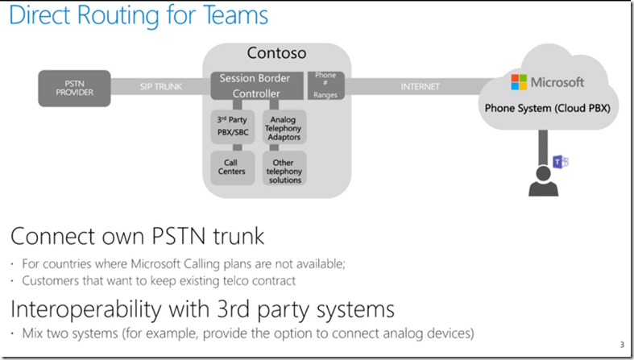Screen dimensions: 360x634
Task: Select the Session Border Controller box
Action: click(255, 86)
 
